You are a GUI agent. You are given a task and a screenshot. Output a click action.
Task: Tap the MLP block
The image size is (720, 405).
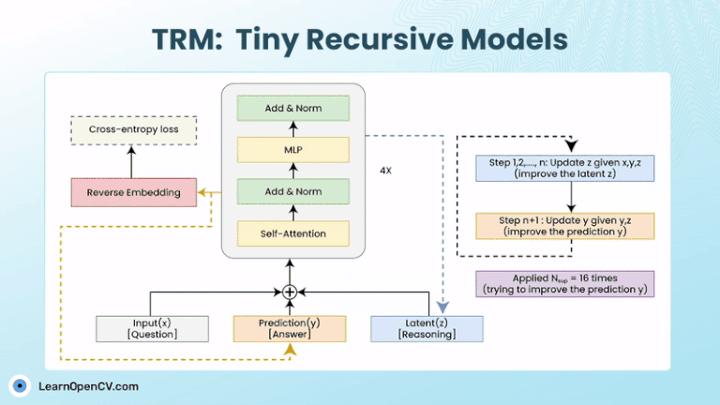pyautogui.click(x=292, y=149)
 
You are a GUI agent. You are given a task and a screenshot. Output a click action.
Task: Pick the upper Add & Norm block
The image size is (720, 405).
pyautogui.click(x=292, y=109)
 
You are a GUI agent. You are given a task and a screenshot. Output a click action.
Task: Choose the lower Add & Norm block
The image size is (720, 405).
pyautogui.click(x=292, y=191)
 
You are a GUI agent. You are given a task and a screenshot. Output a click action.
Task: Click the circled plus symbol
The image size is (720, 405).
pyautogui.click(x=290, y=292)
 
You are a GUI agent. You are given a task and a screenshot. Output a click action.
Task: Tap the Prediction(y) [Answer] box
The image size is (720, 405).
pyautogui.click(x=290, y=328)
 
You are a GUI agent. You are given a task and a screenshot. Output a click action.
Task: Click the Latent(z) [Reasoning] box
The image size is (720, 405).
pyautogui.click(x=427, y=328)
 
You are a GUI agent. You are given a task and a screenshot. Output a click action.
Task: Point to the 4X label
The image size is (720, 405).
pyautogui.click(x=385, y=172)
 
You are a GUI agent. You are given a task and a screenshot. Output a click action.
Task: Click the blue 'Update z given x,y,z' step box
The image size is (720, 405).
pyautogui.click(x=564, y=168)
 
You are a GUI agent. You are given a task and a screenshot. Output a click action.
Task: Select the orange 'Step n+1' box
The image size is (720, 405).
pyautogui.click(x=564, y=226)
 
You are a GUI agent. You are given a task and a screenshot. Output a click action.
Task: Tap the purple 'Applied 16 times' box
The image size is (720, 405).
pyautogui.click(x=564, y=284)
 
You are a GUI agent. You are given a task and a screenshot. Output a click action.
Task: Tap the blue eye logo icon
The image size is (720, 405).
pyautogui.click(x=20, y=385)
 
